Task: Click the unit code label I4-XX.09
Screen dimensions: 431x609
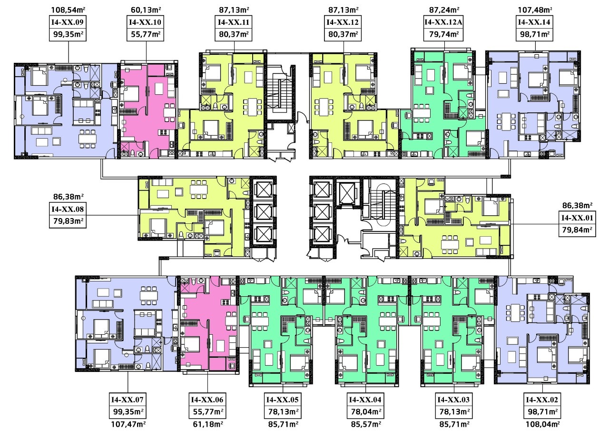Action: (x=69, y=22)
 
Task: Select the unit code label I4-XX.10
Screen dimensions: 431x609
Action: (x=146, y=22)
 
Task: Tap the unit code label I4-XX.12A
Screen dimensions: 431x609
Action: (x=444, y=22)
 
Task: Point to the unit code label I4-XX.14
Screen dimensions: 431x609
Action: (x=535, y=22)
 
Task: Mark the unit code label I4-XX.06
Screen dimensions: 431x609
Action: (x=207, y=399)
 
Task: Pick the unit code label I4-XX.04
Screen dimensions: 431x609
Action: (x=366, y=399)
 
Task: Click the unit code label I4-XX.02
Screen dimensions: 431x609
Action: (x=542, y=399)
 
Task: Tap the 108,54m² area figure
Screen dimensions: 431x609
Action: (x=69, y=9)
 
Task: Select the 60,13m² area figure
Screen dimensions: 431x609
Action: (x=146, y=9)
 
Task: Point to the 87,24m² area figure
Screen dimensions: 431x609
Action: (x=444, y=9)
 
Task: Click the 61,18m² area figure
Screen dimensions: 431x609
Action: (x=207, y=424)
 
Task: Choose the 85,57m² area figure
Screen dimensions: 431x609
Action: (x=366, y=424)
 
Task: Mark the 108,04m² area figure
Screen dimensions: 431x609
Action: (x=542, y=424)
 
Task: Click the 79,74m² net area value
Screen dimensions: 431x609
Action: (x=444, y=34)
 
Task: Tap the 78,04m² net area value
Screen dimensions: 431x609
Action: (x=366, y=411)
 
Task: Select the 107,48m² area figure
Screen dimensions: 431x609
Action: (x=535, y=9)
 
